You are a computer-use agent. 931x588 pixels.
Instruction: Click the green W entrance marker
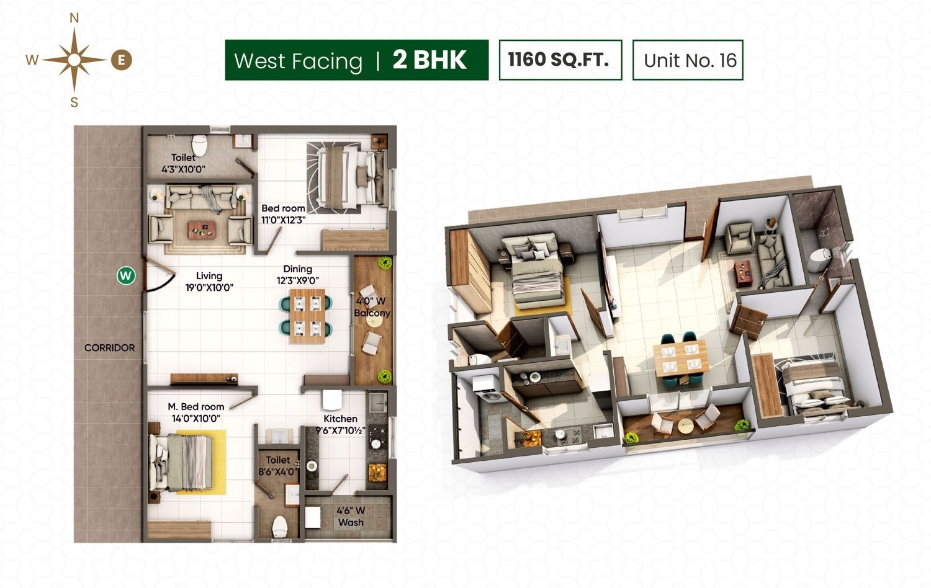126,275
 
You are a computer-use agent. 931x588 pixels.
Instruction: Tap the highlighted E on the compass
122,60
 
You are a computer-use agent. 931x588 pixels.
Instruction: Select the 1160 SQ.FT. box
560,60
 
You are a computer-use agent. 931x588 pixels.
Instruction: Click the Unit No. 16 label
688,60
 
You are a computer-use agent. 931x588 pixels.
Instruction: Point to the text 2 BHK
430,60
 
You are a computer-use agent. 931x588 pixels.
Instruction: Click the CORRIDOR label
109,348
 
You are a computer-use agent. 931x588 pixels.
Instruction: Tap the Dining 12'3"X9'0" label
297,275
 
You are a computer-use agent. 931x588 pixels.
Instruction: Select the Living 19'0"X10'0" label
209,282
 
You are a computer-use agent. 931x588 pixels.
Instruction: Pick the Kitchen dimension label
340,425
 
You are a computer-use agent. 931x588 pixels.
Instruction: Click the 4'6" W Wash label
351,517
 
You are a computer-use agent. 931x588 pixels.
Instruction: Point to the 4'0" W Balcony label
372,307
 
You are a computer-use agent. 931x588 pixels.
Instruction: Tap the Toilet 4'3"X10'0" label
183,163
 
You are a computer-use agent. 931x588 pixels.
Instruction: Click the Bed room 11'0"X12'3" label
283,214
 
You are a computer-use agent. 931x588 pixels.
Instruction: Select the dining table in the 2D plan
307,316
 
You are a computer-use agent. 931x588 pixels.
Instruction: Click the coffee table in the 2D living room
202,229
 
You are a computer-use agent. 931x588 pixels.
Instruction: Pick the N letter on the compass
74,19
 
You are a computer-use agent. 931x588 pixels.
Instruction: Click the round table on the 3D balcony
685,426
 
